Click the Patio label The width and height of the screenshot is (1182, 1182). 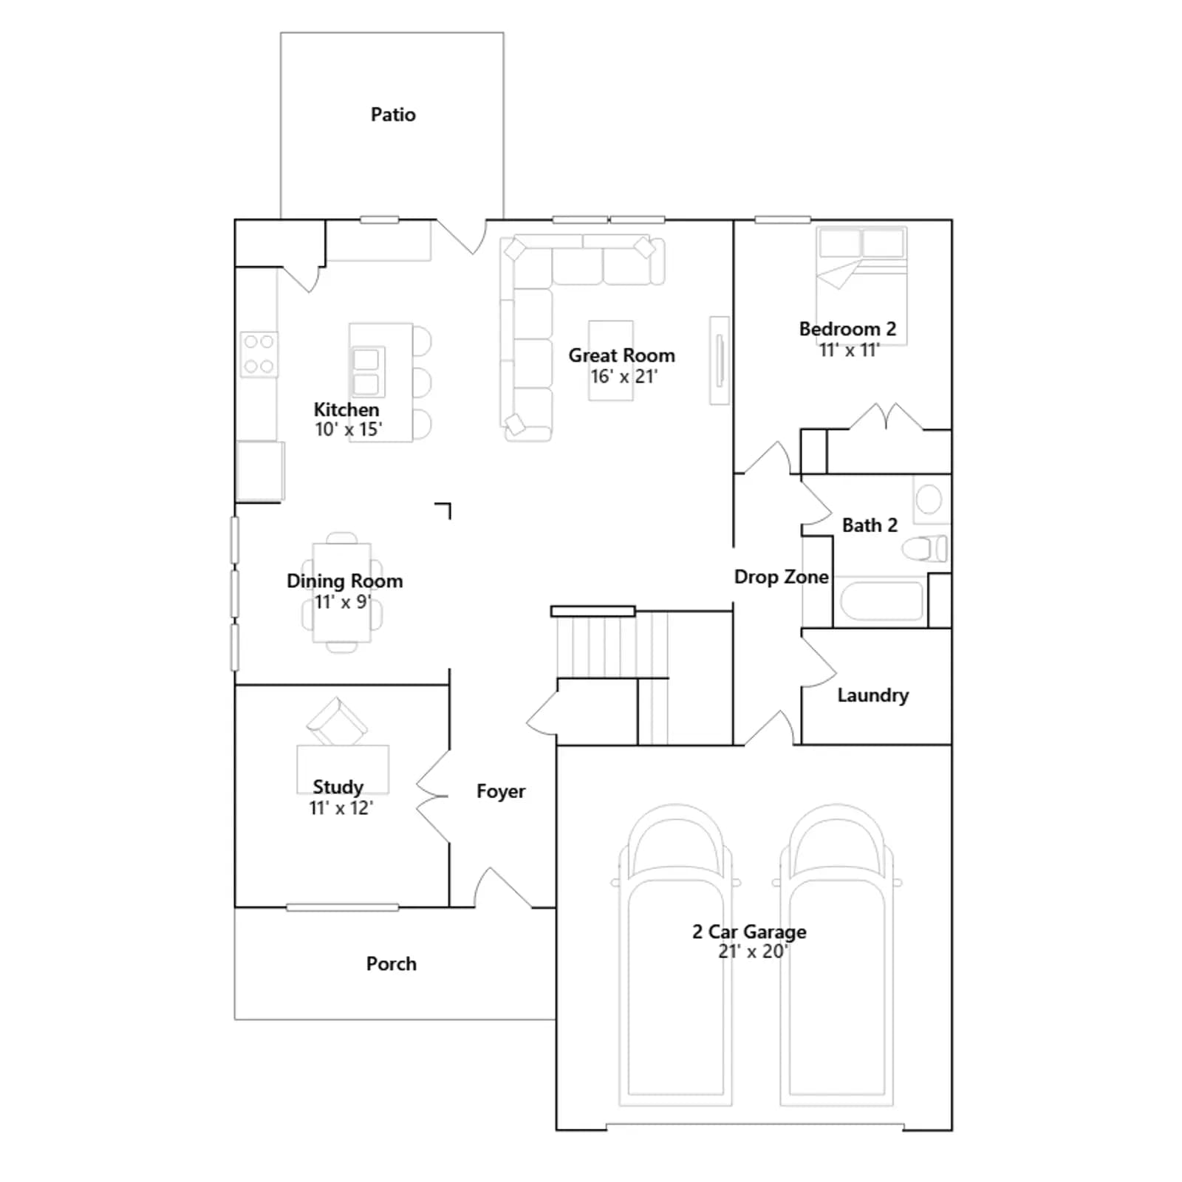tap(393, 115)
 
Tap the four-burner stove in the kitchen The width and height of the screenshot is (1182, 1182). tap(259, 354)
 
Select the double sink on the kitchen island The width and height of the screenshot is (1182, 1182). tap(367, 372)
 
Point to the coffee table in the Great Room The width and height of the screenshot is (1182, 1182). tap(611, 361)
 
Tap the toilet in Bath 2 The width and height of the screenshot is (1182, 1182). tap(925, 549)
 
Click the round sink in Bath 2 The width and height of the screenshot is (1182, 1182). tap(929, 499)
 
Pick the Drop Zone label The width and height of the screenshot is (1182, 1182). tap(782, 577)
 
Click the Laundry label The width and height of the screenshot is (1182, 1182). tap(873, 695)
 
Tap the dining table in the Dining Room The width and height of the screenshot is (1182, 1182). tap(341, 592)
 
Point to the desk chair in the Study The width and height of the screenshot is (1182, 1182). tap(337, 721)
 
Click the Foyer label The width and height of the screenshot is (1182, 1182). tap(501, 791)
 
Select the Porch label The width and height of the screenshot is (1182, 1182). tap(392, 964)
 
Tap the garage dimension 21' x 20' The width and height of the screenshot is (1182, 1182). tap(753, 952)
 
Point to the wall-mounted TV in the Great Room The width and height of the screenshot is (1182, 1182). tap(720, 361)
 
